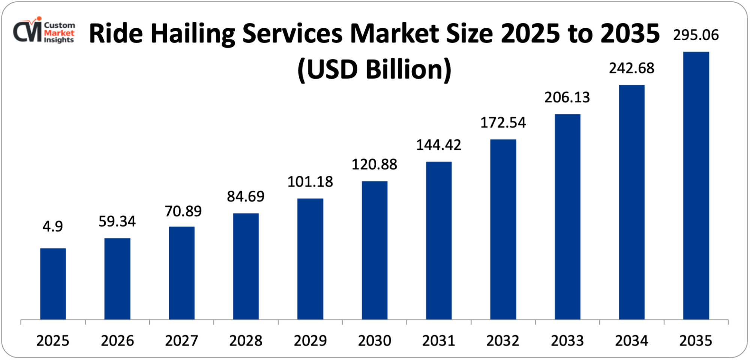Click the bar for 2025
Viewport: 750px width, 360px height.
tap(53, 284)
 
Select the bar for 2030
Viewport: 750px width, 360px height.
tap(374, 250)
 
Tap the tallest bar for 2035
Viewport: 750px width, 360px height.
tap(696, 185)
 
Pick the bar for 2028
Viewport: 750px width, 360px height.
tap(246, 266)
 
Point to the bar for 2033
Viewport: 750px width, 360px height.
tap(567, 217)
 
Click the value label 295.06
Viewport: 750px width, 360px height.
tap(696, 35)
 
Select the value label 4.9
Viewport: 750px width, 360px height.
tap(52, 226)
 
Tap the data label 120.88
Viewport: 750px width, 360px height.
tap(374, 164)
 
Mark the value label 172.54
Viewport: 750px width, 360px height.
tap(503, 123)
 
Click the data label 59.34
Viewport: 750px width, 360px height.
tap(117, 221)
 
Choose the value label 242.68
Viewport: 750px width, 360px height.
tap(631, 68)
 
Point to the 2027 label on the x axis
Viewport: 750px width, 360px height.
tap(181, 341)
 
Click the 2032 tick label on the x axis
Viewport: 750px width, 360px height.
tap(503, 341)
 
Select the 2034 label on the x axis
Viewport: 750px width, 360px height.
tap(631, 341)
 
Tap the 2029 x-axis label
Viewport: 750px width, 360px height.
tap(310, 341)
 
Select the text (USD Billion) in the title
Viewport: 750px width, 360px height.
tap(374, 70)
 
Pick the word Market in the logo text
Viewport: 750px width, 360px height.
tap(59, 33)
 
